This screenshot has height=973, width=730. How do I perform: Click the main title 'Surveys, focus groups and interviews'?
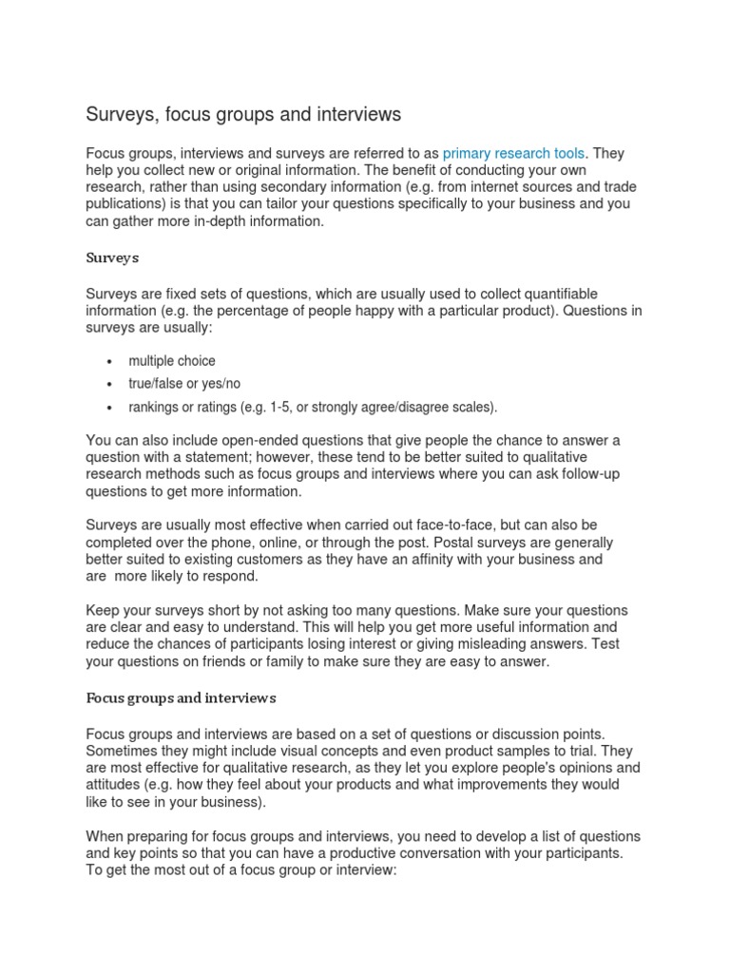tap(243, 115)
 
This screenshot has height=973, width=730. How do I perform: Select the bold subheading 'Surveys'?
tap(113, 257)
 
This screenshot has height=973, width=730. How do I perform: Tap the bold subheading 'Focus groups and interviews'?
tap(181, 697)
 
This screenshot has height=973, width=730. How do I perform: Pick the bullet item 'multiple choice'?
tap(172, 361)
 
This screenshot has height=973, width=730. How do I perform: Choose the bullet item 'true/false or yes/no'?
tap(185, 384)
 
